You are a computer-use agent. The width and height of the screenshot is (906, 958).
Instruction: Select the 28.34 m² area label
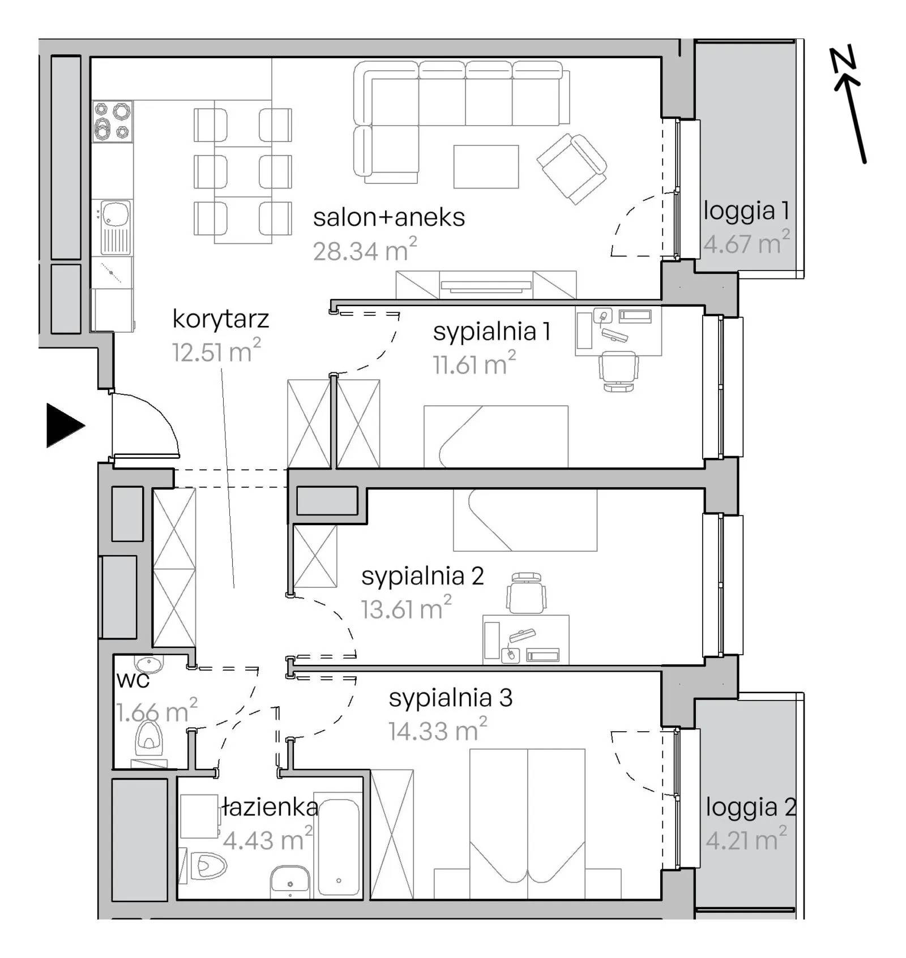pyautogui.click(x=365, y=250)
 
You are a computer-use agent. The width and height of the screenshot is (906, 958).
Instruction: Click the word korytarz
pyautogui.click(x=220, y=319)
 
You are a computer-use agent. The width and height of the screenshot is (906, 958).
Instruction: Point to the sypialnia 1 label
pyautogui.click(x=492, y=332)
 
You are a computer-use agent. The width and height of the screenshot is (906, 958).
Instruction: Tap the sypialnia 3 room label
pyautogui.click(x=451, y=698)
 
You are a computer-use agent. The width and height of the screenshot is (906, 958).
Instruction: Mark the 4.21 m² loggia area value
pyautogui.click(x=746, y=839)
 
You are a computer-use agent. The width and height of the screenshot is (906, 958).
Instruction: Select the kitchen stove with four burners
pyautogui.click(x=113, y=121)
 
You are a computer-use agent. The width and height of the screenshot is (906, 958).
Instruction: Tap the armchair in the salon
pyautogui.click(x=572, y=168)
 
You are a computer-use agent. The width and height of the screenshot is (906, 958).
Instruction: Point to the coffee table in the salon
pyautogui.click(x=486, y=166)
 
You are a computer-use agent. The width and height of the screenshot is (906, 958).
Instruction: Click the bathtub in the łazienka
pyautogui.click(x=338, y=846)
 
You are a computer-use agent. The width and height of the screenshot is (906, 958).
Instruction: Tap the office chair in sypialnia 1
pyautogui.click(x=618, y=371)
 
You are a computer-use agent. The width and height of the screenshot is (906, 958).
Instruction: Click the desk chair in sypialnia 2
pyautogui.click(x=527, y=592)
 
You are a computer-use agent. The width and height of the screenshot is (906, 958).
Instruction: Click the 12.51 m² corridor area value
pyautogui.click(x=216, y=352)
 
